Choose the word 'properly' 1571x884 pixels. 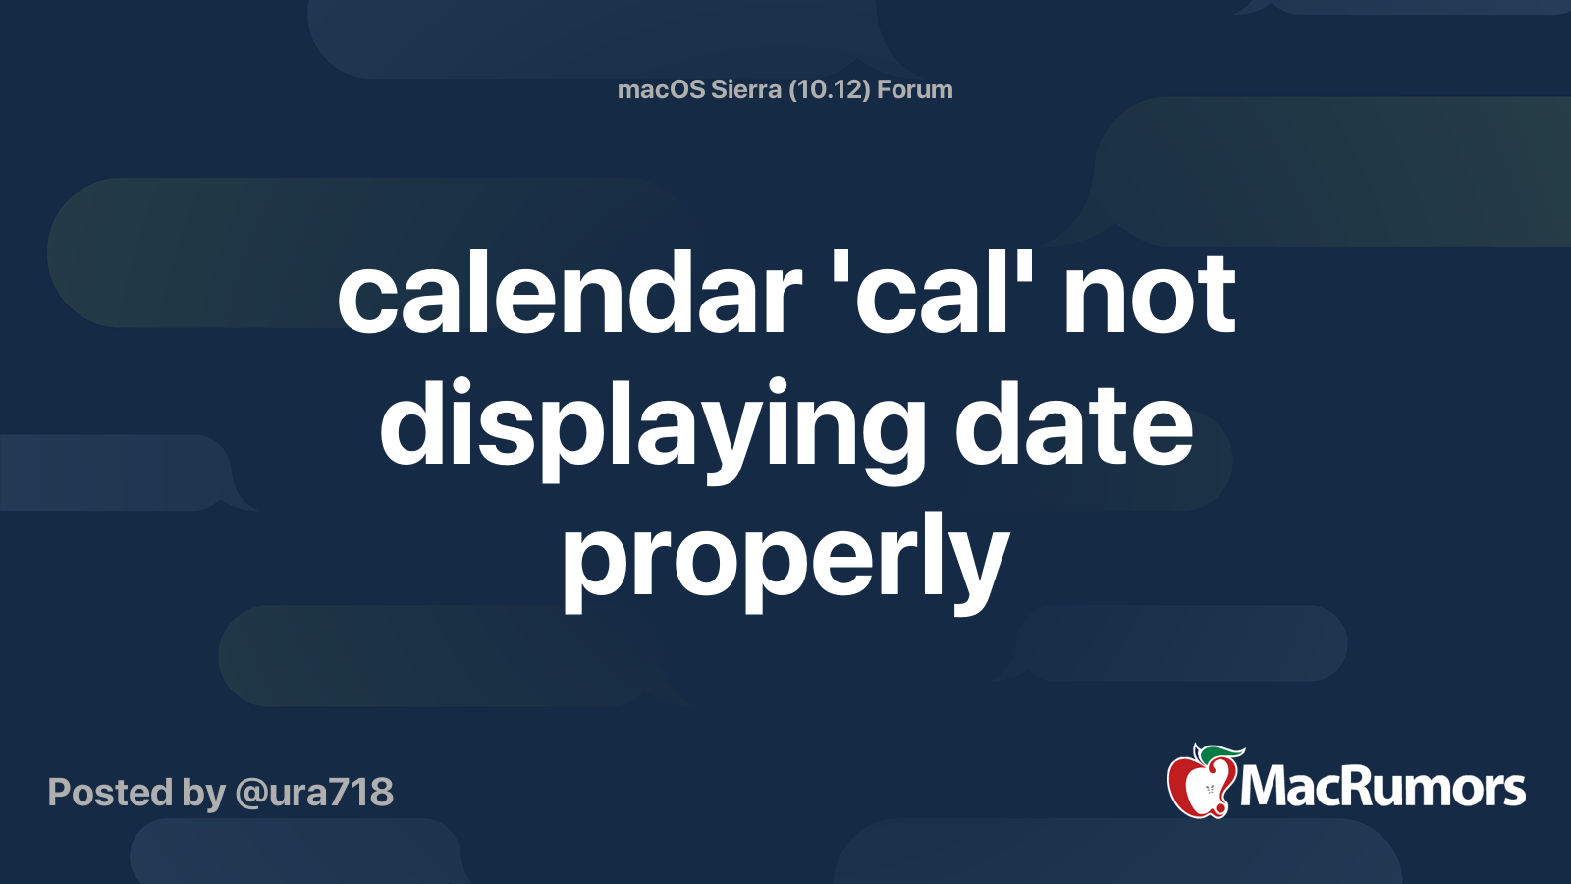coord(785,560)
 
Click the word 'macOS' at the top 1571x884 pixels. coord(661,89)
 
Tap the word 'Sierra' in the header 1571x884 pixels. coord(745,89)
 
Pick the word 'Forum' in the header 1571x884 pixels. coord(915,89)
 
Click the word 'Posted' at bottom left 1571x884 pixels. coord(110,793)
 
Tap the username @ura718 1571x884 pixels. coord(314,793)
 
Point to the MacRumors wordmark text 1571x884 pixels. coord(1382,788)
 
